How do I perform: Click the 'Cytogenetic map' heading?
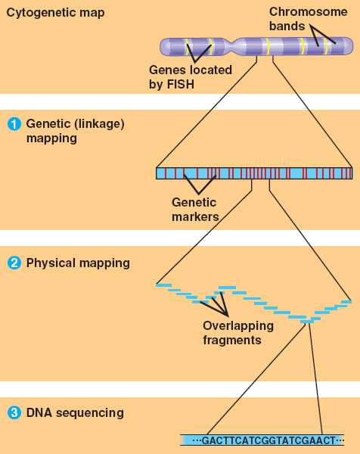(55, 14)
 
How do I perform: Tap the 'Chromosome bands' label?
(309, 19)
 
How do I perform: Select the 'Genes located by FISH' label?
(191, 77)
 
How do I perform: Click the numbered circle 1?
(14, 124)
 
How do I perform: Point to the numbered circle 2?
(14, 263)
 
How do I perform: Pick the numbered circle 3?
(14, 412)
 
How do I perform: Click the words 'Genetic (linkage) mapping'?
(75, 131)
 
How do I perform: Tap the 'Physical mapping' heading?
(78, 263)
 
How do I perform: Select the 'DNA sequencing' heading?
(75, 413)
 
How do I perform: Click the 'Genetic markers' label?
(195, 210)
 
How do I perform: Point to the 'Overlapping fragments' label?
(238, 333)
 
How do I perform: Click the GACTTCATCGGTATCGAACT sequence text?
(268, 440)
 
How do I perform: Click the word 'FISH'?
(180, 84)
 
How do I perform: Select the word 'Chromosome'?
(309, 12)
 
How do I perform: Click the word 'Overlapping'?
(238, 326)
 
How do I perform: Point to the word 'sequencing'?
(90, 413)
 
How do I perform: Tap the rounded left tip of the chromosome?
(162, 47)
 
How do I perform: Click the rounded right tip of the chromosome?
(352, 45)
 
